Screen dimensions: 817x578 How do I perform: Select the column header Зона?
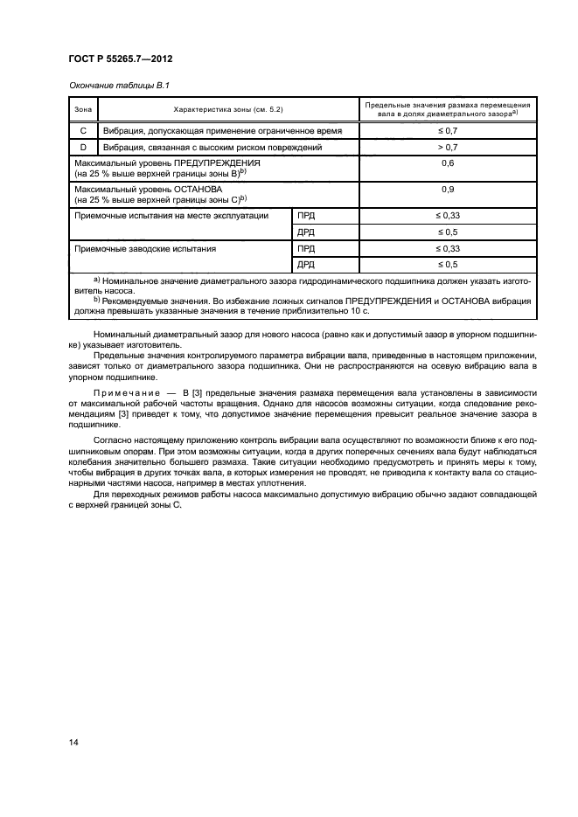coord(83,109)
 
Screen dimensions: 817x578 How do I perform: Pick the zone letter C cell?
coord(83,130)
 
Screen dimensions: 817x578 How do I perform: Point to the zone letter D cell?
coord(83,148)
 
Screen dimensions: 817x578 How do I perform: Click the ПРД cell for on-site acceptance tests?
coord(305,214)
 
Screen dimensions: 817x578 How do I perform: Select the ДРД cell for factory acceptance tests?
coord(305,264)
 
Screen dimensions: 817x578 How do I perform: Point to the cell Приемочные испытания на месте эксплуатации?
coord(171,214)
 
